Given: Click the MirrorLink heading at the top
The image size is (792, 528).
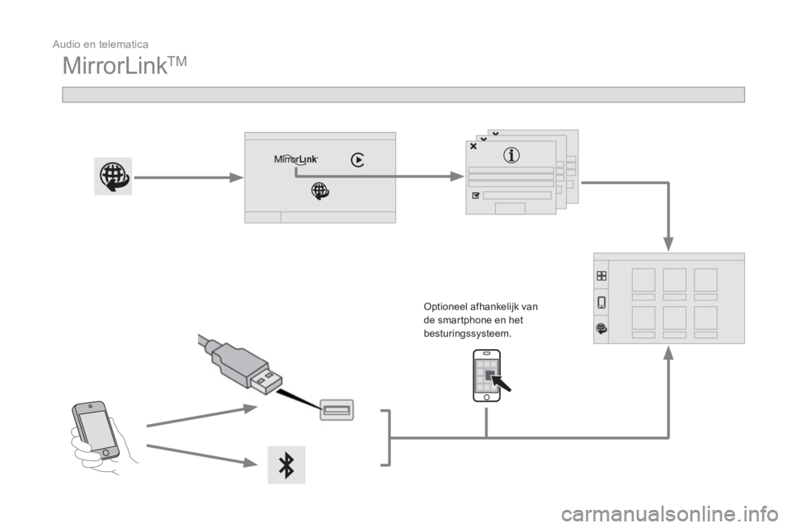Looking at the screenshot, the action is click(125, 66).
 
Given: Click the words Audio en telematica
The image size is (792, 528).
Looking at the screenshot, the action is click(101, 45).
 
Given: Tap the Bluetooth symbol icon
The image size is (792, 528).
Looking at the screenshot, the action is click(286, 464).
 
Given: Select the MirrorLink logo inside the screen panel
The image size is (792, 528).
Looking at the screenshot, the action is click(296, 160).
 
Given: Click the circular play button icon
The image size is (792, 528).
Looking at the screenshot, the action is click(357, 160).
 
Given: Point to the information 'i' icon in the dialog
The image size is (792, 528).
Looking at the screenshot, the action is click(511, 155).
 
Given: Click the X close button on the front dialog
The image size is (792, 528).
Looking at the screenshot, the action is click(474, 146).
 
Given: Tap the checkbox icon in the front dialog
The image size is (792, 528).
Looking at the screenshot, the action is click(475, 196).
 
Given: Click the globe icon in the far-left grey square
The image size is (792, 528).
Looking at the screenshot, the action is click(113, 177).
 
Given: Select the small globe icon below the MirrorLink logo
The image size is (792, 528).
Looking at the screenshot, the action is click(320, 191).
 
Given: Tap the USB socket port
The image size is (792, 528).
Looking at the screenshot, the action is click(337, 410).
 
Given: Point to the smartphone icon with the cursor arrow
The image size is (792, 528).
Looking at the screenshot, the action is click(490, 376).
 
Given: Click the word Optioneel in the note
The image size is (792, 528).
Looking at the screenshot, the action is click(445, 307).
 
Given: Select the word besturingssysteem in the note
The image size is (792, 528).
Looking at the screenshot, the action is click(467, 334).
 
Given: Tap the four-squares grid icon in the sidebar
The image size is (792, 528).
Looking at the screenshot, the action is click(601, 276).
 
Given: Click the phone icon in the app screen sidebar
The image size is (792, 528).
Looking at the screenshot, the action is click(601, 302).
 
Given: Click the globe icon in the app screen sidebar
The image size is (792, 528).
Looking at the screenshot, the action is click(601, 328).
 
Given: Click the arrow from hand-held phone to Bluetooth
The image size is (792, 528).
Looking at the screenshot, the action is click(202, 455).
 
